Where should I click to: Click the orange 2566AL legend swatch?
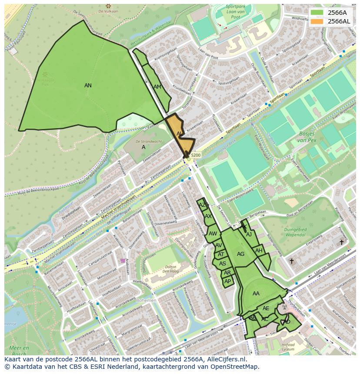click(x=317, y=21)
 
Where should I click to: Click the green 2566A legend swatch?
click(x=317, y=13)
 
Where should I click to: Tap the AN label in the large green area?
click(x=88, y=86)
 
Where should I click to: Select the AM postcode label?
click(x=157, y=87)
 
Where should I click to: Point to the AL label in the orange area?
click(x=179, y=133)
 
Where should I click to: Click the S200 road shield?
click(x=196, y=155)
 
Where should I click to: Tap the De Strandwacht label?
click(x=149, y=142)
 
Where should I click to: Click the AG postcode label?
click(x=240, y=254)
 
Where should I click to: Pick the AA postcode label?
click(x=256, y=294)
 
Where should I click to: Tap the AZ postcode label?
click(x=202, y=205)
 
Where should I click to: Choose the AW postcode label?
click(x=213, y=234)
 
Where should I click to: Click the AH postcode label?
click(x=259, y=251)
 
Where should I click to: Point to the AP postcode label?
click(x=227, y=281)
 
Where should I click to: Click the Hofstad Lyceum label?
click(x=288, y=346)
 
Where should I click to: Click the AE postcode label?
click(x=266, y=308)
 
